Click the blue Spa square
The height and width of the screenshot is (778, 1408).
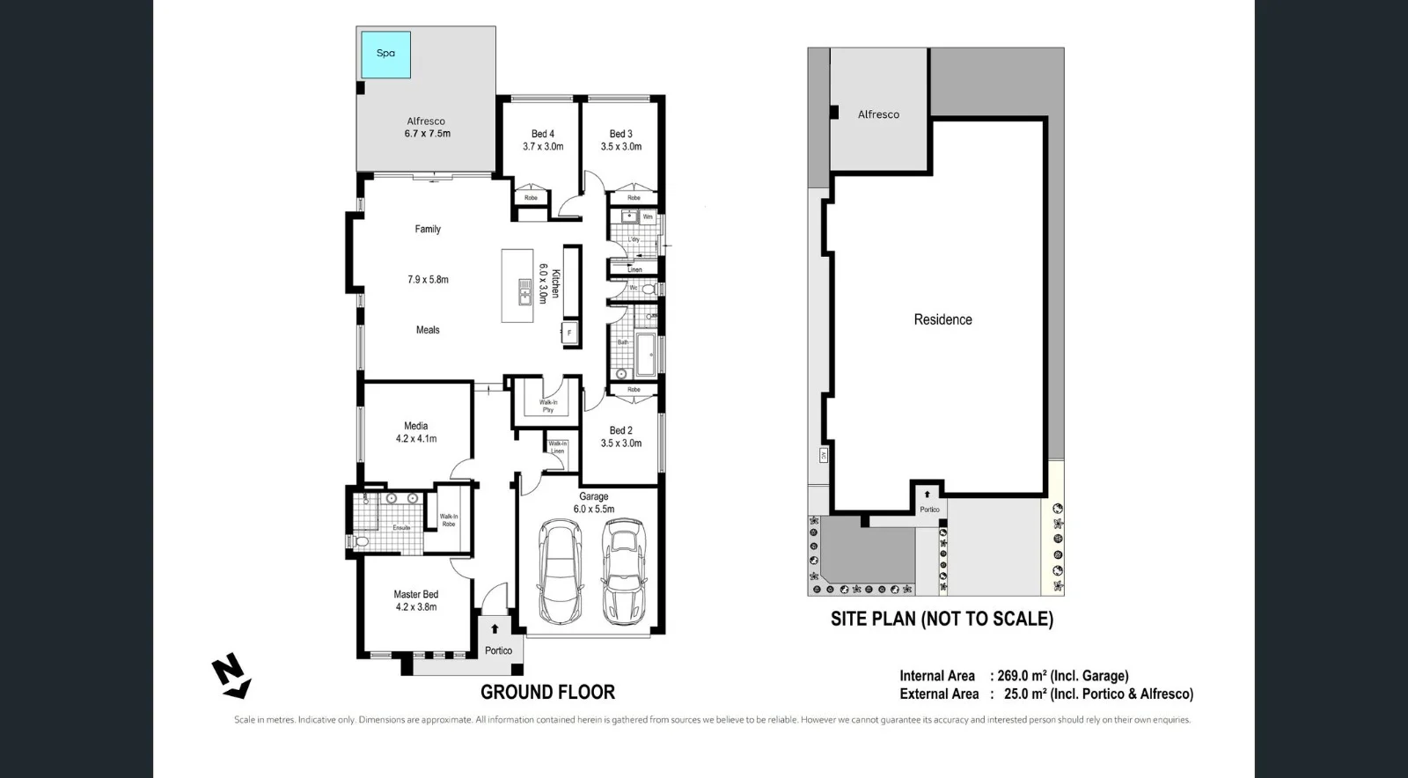(385, 54)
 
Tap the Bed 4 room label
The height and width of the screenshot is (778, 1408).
(543, 134)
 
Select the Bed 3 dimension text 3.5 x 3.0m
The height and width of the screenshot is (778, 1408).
(621, 147)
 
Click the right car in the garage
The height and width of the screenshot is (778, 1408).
(623, 570)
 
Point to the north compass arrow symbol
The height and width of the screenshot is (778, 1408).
(231, 677)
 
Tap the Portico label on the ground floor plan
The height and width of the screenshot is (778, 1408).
(498, 650)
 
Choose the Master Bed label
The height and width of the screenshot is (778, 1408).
(415, 594)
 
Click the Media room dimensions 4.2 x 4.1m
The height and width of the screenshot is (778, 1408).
(415, 438)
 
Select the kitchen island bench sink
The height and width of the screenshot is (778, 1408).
(524, 290)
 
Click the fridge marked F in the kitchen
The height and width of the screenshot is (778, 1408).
(569, 333)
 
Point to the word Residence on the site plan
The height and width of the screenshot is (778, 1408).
(942, 319)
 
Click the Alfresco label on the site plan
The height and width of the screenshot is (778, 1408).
(878, 114)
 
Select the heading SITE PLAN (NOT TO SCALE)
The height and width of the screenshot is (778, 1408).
(942, 619)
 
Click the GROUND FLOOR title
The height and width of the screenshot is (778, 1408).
(547, 693)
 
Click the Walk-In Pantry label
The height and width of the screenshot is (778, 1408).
(547, 406)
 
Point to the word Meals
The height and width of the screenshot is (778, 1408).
(428, 330)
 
